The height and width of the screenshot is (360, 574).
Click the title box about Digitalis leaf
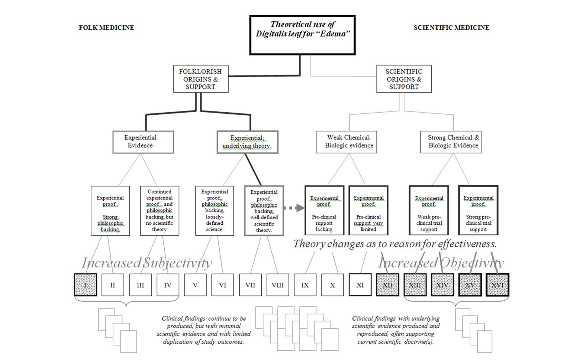302,35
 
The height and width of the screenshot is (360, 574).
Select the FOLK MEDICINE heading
106,27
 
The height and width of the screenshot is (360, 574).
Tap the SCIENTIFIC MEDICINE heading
451,27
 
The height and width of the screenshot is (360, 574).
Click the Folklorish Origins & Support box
200,79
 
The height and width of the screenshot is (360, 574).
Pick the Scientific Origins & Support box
404,79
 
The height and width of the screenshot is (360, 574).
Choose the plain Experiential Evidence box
143,142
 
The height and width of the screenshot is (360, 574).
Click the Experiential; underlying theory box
247,142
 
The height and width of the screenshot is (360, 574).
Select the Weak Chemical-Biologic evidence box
346,142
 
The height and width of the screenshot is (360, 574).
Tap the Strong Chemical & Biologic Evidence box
451,142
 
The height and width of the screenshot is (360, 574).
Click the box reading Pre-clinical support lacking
324,211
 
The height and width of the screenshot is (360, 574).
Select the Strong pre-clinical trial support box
478,211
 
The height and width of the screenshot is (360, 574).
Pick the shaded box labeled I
86,285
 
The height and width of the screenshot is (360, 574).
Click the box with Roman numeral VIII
278,285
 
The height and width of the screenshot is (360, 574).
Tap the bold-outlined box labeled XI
360,285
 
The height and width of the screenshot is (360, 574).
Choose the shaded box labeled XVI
497,285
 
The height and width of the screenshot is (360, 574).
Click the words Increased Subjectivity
147,263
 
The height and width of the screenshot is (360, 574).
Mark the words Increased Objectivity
441,263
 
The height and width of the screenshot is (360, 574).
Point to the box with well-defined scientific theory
264,211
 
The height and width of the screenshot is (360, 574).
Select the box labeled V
195,285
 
